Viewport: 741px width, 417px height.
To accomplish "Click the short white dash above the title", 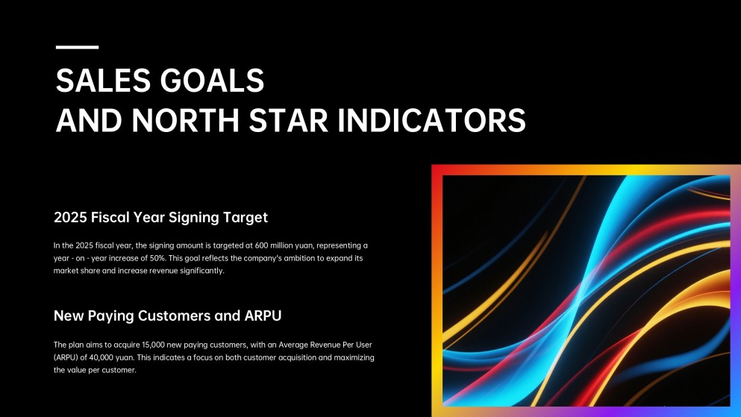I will point(77,47).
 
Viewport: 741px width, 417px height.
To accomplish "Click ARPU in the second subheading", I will point(262,316).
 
